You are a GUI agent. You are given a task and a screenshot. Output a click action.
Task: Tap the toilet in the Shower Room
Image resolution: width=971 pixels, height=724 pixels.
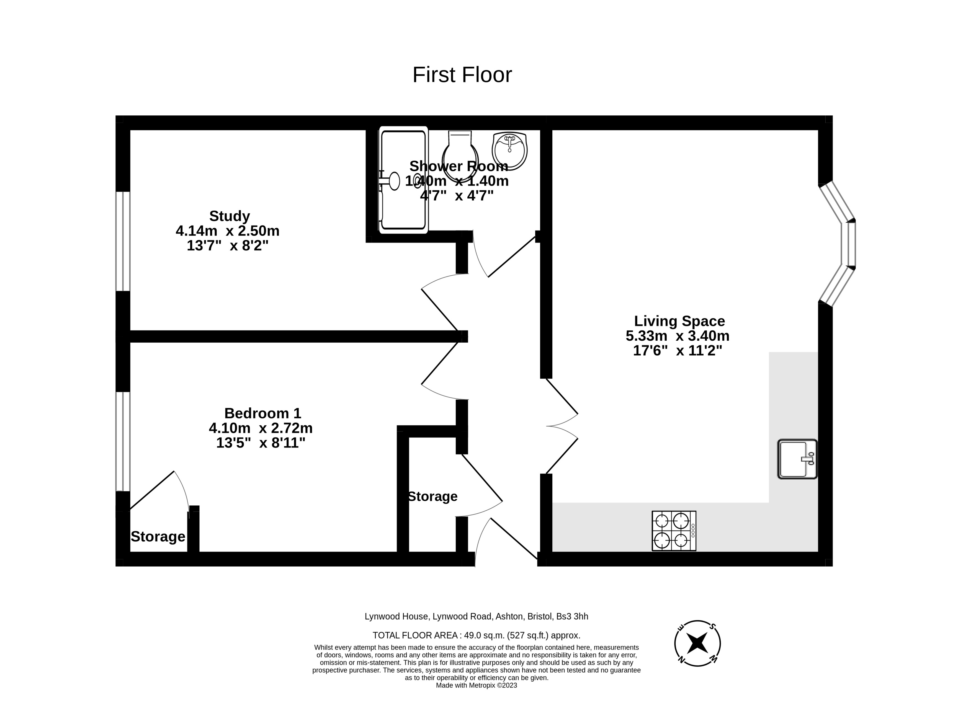460,156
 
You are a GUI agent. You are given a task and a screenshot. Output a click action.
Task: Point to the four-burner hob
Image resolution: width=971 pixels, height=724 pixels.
674,531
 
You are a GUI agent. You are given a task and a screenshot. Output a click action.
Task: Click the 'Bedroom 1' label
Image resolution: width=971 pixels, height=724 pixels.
262,413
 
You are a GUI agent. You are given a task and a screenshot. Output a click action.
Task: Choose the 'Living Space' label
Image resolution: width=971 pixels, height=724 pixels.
679,321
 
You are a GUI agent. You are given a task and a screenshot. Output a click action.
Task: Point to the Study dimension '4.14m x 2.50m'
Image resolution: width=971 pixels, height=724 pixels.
228,231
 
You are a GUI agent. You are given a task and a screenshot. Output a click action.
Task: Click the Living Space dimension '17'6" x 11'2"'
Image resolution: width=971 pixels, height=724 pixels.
678,351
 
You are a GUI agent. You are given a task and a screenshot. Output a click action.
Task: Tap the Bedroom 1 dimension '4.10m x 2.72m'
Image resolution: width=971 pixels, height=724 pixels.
261,428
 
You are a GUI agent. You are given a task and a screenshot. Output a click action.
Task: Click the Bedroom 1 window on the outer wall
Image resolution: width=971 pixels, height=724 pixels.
123,441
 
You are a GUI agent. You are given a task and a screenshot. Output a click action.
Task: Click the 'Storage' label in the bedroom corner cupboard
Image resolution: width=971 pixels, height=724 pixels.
158,536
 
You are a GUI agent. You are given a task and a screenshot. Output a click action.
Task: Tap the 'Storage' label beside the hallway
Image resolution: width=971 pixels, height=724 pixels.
433,497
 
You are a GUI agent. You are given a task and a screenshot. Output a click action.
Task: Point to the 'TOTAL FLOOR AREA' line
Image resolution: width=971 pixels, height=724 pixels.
477,635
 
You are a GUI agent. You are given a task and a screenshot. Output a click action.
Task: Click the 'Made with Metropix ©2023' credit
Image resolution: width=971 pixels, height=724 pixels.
477,686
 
